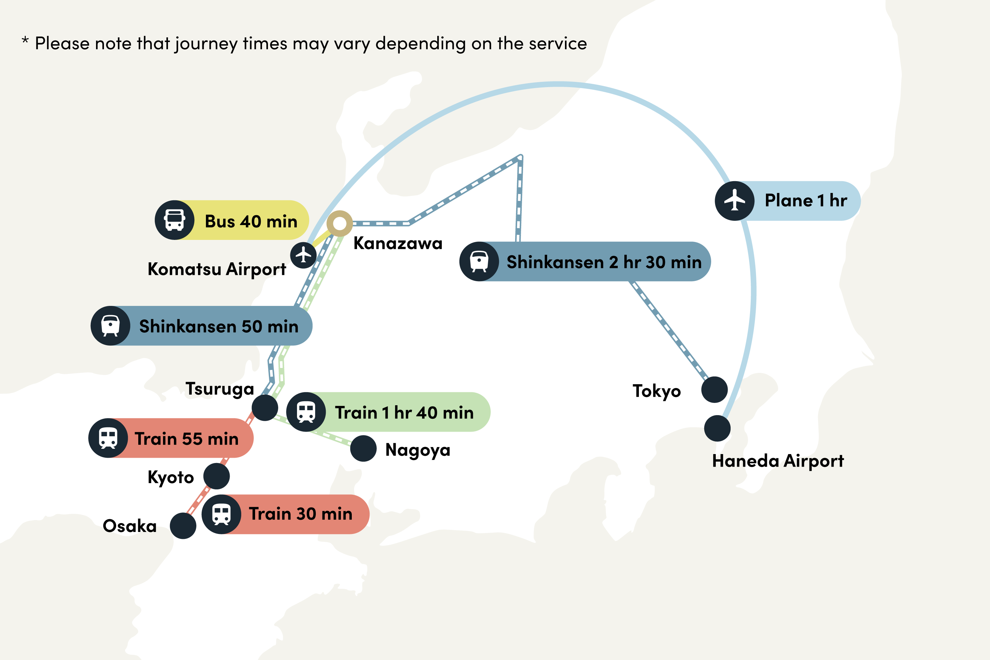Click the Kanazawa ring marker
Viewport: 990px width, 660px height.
(x=340, y=223)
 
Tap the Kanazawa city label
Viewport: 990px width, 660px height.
(x=398, y=243)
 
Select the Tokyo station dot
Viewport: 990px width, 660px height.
(x=714, y=390)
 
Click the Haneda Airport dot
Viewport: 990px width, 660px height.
(x=717, y=428)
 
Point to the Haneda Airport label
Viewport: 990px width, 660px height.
(x=778, y=461)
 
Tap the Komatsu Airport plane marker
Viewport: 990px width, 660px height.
(x=303, y=255)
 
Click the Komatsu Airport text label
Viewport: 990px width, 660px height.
(x=217, y=269)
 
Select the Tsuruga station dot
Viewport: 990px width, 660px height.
(x=265, y=408)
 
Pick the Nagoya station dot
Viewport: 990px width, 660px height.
(x=363, y=449)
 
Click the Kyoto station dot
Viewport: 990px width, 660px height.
(x=216, y=476)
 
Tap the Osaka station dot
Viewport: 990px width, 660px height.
(x=183, y=526)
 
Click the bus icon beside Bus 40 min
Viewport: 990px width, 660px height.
(x=175, y=220)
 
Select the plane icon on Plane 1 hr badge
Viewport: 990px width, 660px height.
(x=735, y=201)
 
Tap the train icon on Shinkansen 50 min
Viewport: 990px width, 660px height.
(x=110, y=326)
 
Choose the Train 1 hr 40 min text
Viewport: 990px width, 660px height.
(x=404, y=413)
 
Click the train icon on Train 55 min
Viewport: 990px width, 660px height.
(x=108, y=438)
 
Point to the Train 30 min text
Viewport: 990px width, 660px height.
(x=301, y=514)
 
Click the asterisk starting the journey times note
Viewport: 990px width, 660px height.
(x=25, y=41)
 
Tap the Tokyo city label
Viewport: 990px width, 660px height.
(x=657, y=391)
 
